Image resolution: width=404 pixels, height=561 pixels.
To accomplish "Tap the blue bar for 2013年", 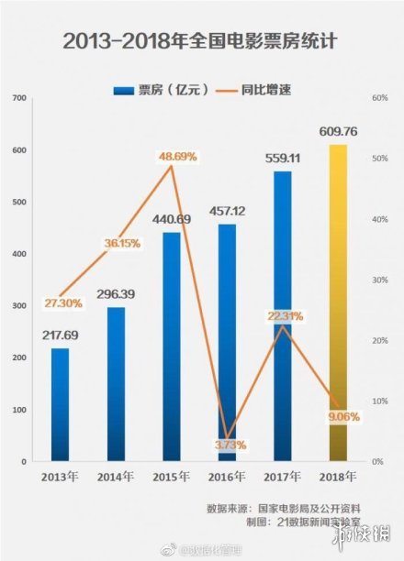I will (60, 403).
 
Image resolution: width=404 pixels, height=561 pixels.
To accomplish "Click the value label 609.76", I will (338, 131).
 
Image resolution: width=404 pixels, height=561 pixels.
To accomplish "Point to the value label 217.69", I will (60, 335).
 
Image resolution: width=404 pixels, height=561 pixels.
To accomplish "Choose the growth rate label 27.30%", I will (60, 302).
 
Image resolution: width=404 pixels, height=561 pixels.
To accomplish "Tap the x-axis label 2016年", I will (227, 477).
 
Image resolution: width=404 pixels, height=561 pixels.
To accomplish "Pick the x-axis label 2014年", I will (116, 477).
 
